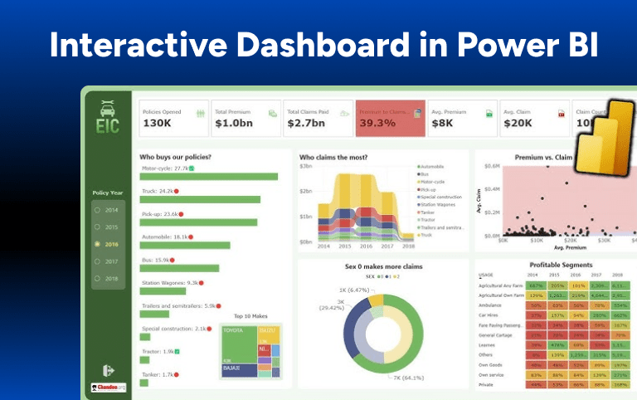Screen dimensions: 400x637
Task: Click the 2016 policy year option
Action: (x=109, y=245)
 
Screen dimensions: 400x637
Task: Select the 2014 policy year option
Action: (x=109, y=210)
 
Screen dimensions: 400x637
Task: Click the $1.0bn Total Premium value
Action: (x=232, y=124)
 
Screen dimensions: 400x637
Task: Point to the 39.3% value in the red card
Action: (x=377, y=124)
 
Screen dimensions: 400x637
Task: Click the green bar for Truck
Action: (x=200, y=199)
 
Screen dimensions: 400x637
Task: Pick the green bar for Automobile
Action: (x=185, y=246)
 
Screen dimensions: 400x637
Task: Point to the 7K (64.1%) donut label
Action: (x=407, y=378)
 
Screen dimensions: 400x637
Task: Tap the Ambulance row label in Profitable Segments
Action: (x=491, y=305)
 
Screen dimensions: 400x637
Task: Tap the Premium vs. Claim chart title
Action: (x=545, y=157)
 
